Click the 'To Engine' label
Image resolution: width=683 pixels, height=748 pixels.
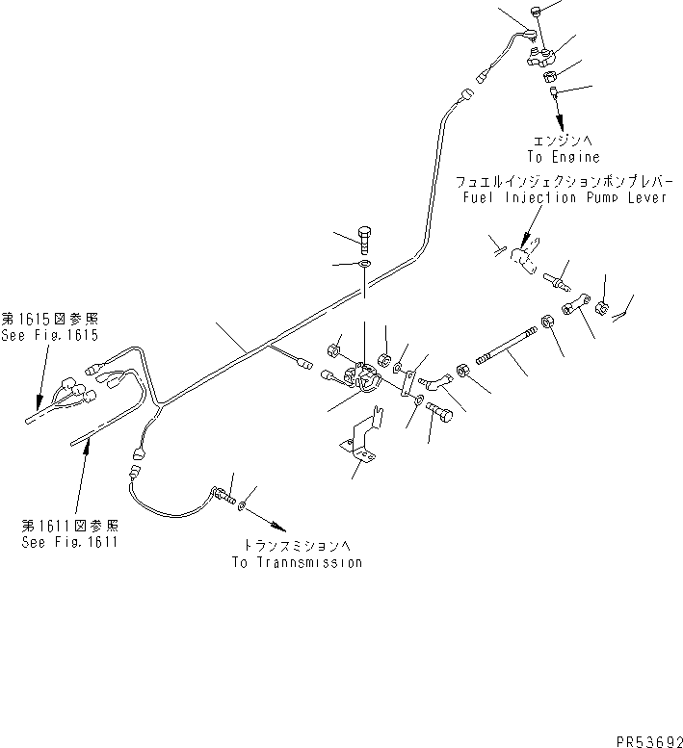pyautogui.click(x=564, y=157)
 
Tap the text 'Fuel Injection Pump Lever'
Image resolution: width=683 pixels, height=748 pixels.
pyautogui.click(x=565, y=197)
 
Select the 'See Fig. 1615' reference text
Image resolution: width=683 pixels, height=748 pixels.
pyautogui.click(x=50, y=335)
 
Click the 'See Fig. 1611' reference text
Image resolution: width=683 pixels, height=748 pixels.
pyautogui.click(x=69, y=542)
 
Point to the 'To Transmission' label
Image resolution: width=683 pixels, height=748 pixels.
pyautogui.click(x=298, y=562)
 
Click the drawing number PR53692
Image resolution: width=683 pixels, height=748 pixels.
pyautogui.click(x=649, y=741)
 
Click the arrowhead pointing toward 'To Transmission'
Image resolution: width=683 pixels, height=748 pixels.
pyautogui.click(x=279, y=528)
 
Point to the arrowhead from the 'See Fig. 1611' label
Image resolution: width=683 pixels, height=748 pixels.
pyautogui.click(x=87, y=447)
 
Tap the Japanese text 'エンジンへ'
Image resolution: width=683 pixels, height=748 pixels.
pyautogui.click(x=563, y=141)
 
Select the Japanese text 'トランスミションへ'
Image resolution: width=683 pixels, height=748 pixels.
pyautogui.click(x=298, y=545)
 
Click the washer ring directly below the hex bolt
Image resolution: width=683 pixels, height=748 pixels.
pyautogui.click(x=365, y=264)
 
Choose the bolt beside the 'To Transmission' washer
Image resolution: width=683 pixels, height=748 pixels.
pyautogui.click(x=223, y=495)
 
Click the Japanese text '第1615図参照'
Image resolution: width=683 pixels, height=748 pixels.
pyautogui.click(x=50, y=319)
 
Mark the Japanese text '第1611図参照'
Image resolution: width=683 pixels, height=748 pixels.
pyautogui.click(x=69, y=526)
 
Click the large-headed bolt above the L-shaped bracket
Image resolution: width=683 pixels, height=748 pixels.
pyautogui.click(x=440, y=412)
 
